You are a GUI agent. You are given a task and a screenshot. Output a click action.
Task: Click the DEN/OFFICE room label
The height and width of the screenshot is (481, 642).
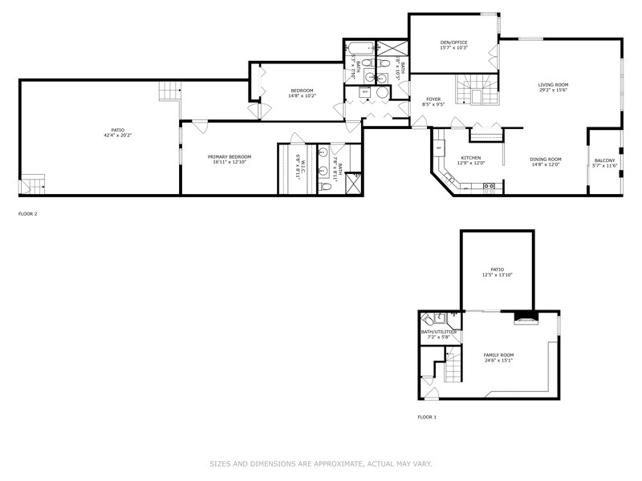click(453, 42)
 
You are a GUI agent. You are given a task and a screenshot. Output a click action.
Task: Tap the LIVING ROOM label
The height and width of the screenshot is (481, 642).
click(553, 84)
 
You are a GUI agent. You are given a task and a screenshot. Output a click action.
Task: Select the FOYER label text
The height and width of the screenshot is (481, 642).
click(434, 99)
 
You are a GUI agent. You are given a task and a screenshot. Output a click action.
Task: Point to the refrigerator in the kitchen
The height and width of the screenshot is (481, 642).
click(439, 148)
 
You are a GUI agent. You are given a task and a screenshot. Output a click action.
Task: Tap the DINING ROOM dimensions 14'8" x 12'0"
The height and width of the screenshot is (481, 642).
click(546, 165)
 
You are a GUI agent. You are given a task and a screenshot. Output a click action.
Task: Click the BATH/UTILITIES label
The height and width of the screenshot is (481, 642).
click(439, 331)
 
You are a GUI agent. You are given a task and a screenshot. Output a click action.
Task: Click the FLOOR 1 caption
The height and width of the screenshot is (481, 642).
click(427, 417)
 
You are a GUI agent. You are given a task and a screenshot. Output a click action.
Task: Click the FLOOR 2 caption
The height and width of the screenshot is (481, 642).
click(27, 214)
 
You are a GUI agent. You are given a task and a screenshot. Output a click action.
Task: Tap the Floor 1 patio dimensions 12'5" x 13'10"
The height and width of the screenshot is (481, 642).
click(497, 275)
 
